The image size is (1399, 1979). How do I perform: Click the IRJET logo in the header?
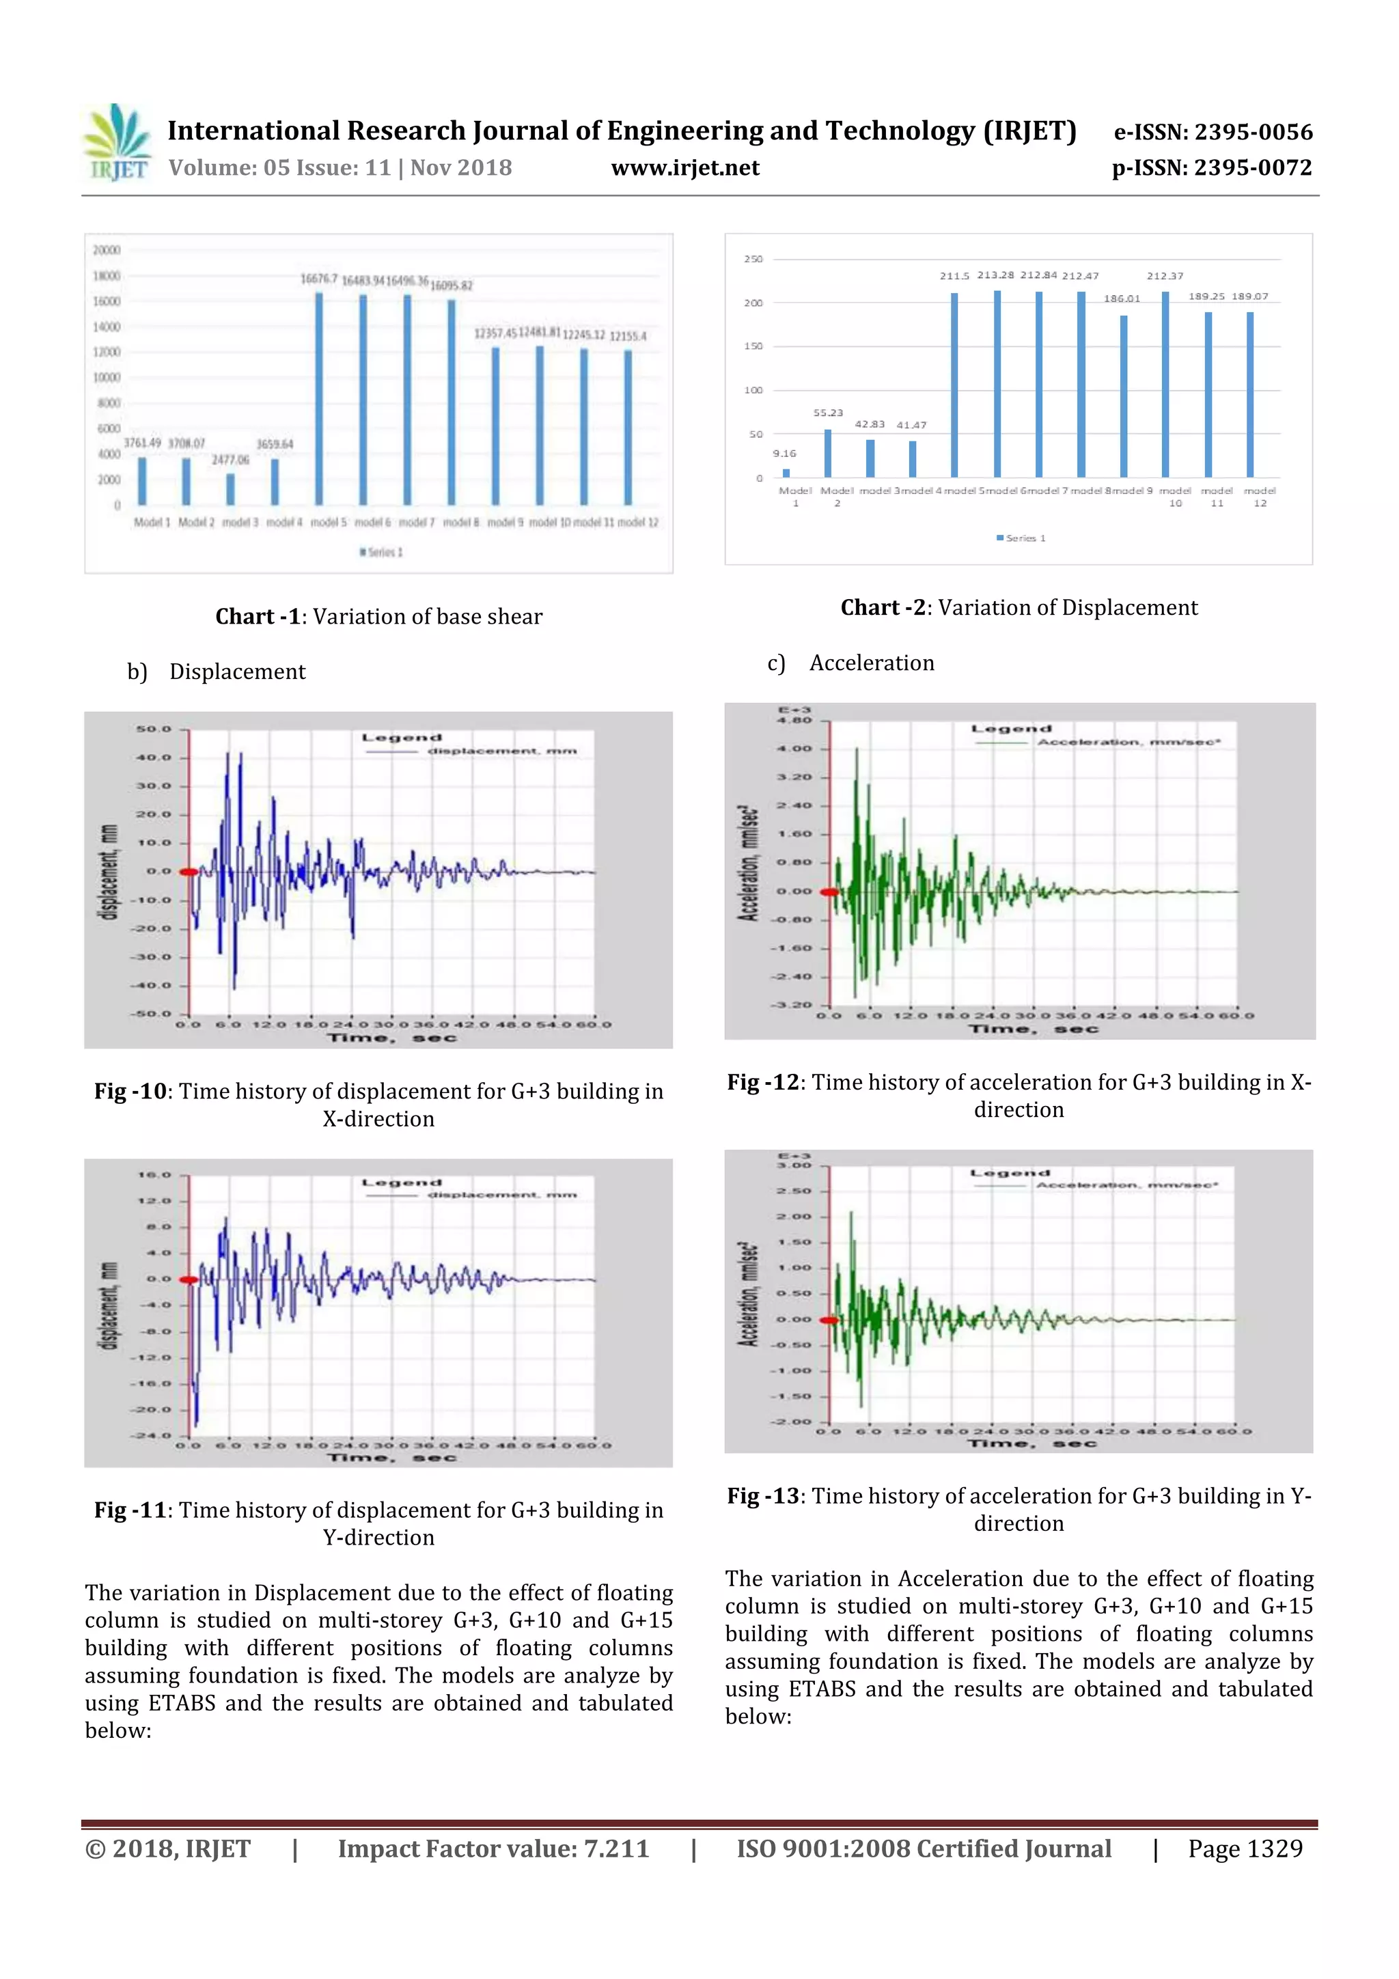[116, 143]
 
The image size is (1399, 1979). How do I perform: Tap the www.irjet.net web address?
[684, 168]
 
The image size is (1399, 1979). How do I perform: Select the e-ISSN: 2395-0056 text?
[1213, 132]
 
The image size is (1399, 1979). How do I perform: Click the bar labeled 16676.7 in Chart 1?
[319, 398]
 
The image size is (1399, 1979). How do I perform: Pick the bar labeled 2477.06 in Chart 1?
[230, 488]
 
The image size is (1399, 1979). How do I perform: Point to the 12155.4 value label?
[628, 336]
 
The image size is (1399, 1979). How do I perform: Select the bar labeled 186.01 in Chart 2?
[1123, 396]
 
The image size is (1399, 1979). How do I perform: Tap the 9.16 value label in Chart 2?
[784, 454]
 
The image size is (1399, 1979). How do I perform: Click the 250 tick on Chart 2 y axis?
[753, 259]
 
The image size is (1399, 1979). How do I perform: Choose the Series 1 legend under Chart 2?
[1021, 538]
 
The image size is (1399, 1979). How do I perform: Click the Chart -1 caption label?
[257, 616]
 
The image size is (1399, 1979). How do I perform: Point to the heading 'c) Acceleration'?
[850, 663]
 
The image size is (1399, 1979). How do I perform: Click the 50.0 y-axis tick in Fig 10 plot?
[154, 729]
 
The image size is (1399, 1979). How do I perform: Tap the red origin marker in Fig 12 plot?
[829, 892]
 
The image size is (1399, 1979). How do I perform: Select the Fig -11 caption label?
[129, 1510]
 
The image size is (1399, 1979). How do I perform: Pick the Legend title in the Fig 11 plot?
[402, 1182]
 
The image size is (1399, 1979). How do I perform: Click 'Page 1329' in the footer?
[1245, 1849]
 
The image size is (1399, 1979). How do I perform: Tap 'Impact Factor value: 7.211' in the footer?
[493, 1849]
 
